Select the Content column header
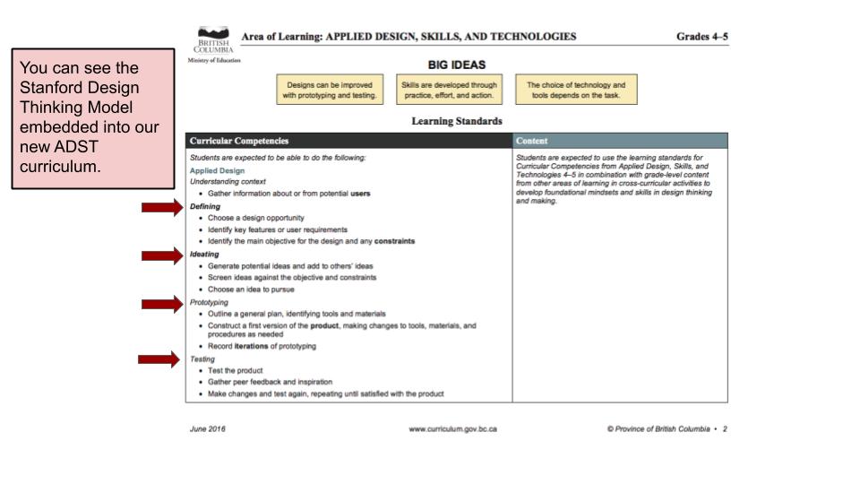coord(534,141)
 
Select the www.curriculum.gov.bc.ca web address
coord(452,429)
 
